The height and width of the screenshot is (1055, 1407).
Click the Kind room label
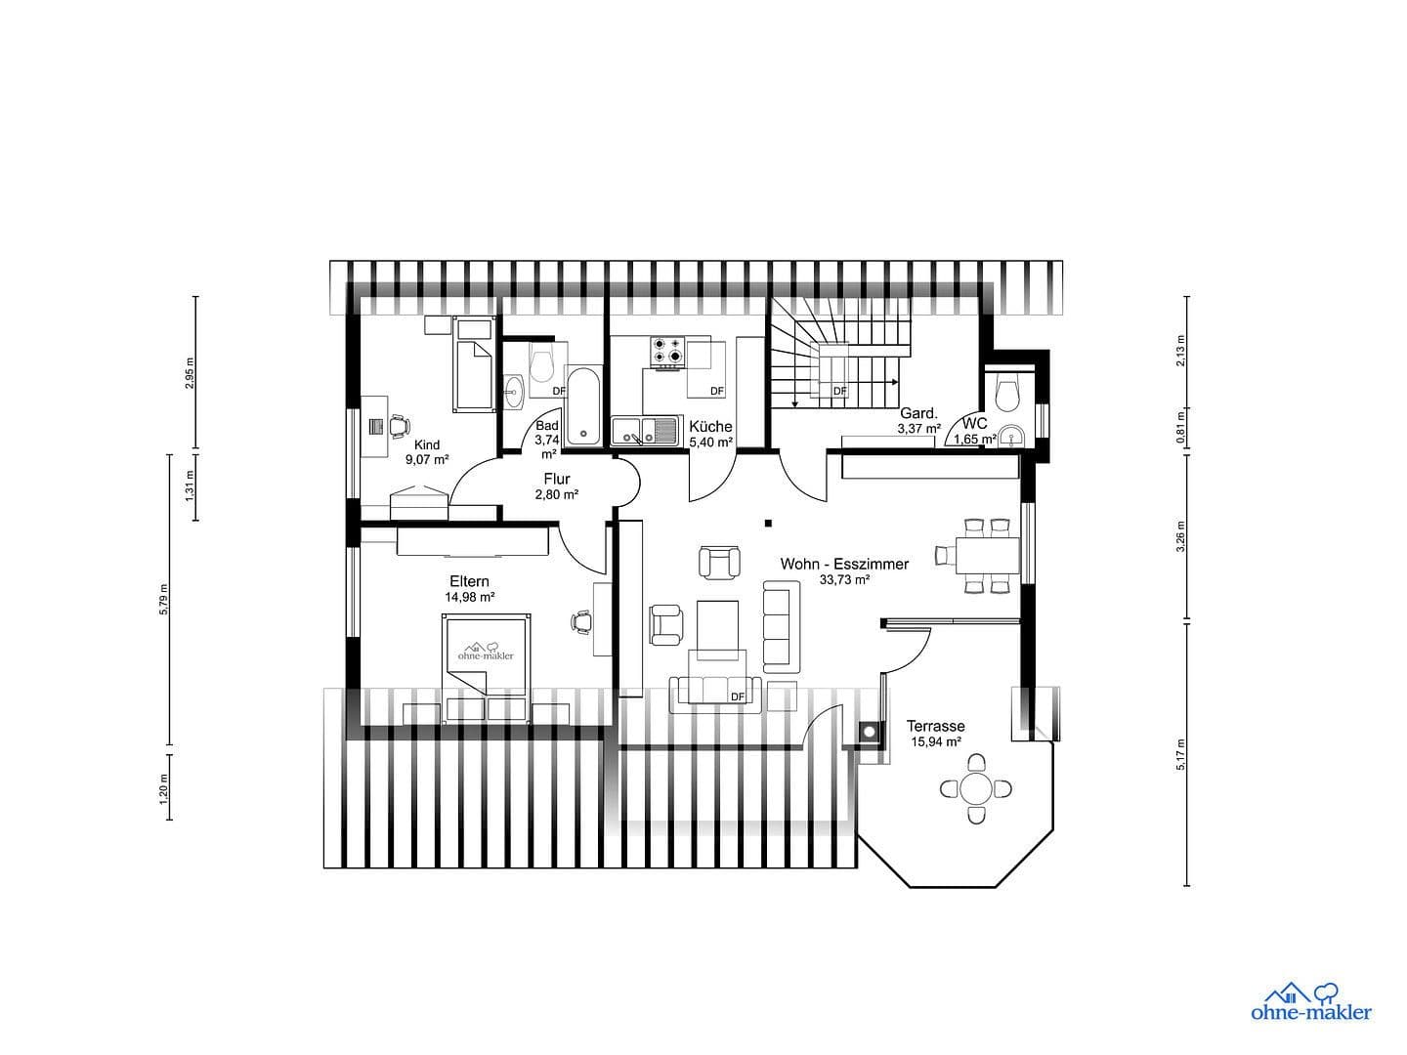coord(427,445)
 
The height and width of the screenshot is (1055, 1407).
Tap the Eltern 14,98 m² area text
coord(469,597)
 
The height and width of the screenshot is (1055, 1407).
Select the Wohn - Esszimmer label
coord(844,565)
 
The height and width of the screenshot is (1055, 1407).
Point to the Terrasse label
coord(935,726)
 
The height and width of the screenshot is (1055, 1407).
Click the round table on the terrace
coord(975,787)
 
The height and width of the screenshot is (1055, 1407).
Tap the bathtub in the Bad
coord(584,405)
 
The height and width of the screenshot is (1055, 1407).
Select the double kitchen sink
coord(645,430)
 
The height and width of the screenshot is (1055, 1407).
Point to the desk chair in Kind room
coord(398,426)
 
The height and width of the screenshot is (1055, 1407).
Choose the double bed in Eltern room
coord(487,668)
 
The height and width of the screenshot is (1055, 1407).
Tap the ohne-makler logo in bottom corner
coord(1310,1001)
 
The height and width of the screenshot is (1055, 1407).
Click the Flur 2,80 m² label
coord(557,486)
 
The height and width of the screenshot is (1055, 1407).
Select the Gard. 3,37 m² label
coord(918,420)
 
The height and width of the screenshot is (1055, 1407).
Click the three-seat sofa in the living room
coord(778,625)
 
